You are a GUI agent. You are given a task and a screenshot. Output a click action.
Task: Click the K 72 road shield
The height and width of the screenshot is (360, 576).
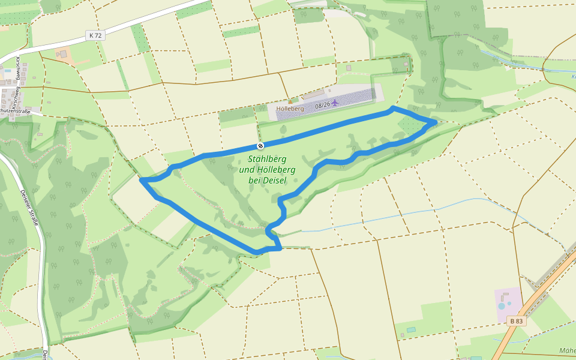pyautogui.click(x=95, y=35)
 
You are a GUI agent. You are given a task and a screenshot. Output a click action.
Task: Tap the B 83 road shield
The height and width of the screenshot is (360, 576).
pyautogui.click(x=515, y=321)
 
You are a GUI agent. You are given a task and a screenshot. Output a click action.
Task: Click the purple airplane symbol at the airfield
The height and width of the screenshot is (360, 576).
pyautogui.click(x=335, y=103)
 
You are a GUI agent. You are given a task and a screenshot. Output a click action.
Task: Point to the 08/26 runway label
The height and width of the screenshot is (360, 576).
pyautogui.click(x=322, y=105)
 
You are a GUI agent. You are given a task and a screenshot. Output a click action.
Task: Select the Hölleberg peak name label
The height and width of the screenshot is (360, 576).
pyautogui.click(x=290, y=109)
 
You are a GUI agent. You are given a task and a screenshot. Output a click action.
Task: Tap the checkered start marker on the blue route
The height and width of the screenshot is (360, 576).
pyautogui.click(x=260, y=146)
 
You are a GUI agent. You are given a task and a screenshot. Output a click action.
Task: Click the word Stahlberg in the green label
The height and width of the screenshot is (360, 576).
pyautogui.click(x=267, y=159)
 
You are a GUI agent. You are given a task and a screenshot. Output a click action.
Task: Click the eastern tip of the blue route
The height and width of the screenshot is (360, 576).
pyautogui.click(x=435, y=122)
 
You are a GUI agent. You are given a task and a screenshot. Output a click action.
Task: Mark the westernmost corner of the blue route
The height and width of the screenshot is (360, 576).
pyautogui.click(x=142, y=179)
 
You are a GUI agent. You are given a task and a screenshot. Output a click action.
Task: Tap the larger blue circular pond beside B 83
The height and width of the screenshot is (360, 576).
pyautogui.click(x=502, y=306)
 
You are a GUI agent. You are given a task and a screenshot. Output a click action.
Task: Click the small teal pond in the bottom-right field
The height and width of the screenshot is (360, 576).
pyautogui.click(x=411, y=329)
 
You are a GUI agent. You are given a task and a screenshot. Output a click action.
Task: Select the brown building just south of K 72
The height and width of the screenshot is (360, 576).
pyautogui.click(x=62, y=55)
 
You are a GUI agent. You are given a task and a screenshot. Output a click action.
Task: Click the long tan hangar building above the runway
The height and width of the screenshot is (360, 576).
pyautogui.click(x=313, y=94)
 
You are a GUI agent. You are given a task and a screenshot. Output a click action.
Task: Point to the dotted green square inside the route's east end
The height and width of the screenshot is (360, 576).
pyautogui.click(x=409, y=125)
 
